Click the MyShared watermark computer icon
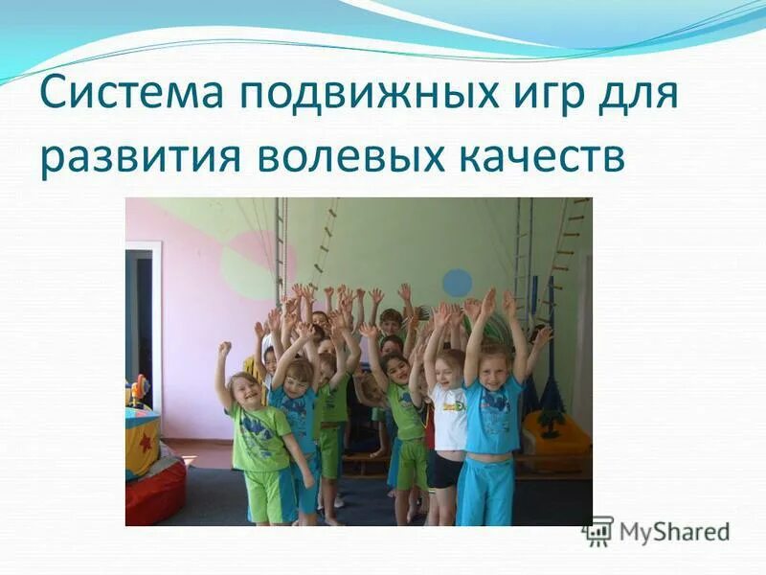coord(598,530)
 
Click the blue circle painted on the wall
coord(457,283)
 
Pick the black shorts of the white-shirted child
coord(446,470)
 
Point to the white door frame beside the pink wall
coord(156,316)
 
